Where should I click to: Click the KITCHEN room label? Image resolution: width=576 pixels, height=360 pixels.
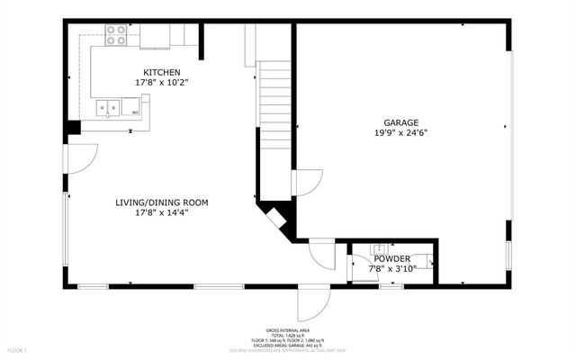pos(162,72)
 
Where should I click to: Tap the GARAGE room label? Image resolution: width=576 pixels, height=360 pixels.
pos(400,122)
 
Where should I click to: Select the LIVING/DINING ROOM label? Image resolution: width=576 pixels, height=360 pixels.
pos(162,202)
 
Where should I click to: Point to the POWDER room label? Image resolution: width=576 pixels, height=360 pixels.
pos(392,258)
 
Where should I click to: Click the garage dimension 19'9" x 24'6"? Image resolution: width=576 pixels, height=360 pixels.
pos(400,132)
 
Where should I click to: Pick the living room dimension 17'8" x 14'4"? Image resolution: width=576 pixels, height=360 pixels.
pos(162,213)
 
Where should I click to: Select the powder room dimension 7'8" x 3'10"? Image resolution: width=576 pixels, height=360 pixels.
pos(392,268)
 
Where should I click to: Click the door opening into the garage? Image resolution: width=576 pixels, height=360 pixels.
pos(306,184)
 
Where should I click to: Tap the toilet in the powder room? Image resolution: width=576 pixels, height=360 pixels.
pos(429,263)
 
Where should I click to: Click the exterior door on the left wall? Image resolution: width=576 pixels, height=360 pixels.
pos(79,159)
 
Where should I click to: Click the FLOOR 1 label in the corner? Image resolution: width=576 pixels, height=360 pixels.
pos(18,349)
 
